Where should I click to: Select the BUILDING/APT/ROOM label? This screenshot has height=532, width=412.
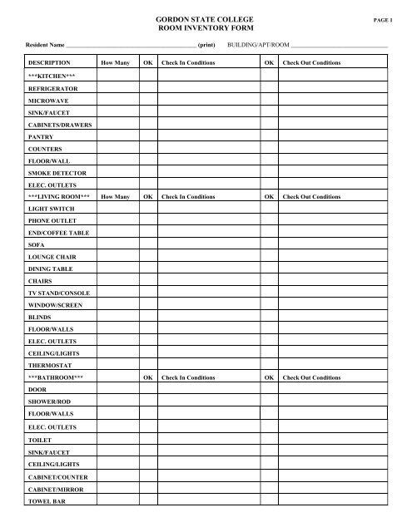[x=258, y=43]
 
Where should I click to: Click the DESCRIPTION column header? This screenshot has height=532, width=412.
[x=49, y=62]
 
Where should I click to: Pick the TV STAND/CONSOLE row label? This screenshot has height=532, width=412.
[x=59, y=293]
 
